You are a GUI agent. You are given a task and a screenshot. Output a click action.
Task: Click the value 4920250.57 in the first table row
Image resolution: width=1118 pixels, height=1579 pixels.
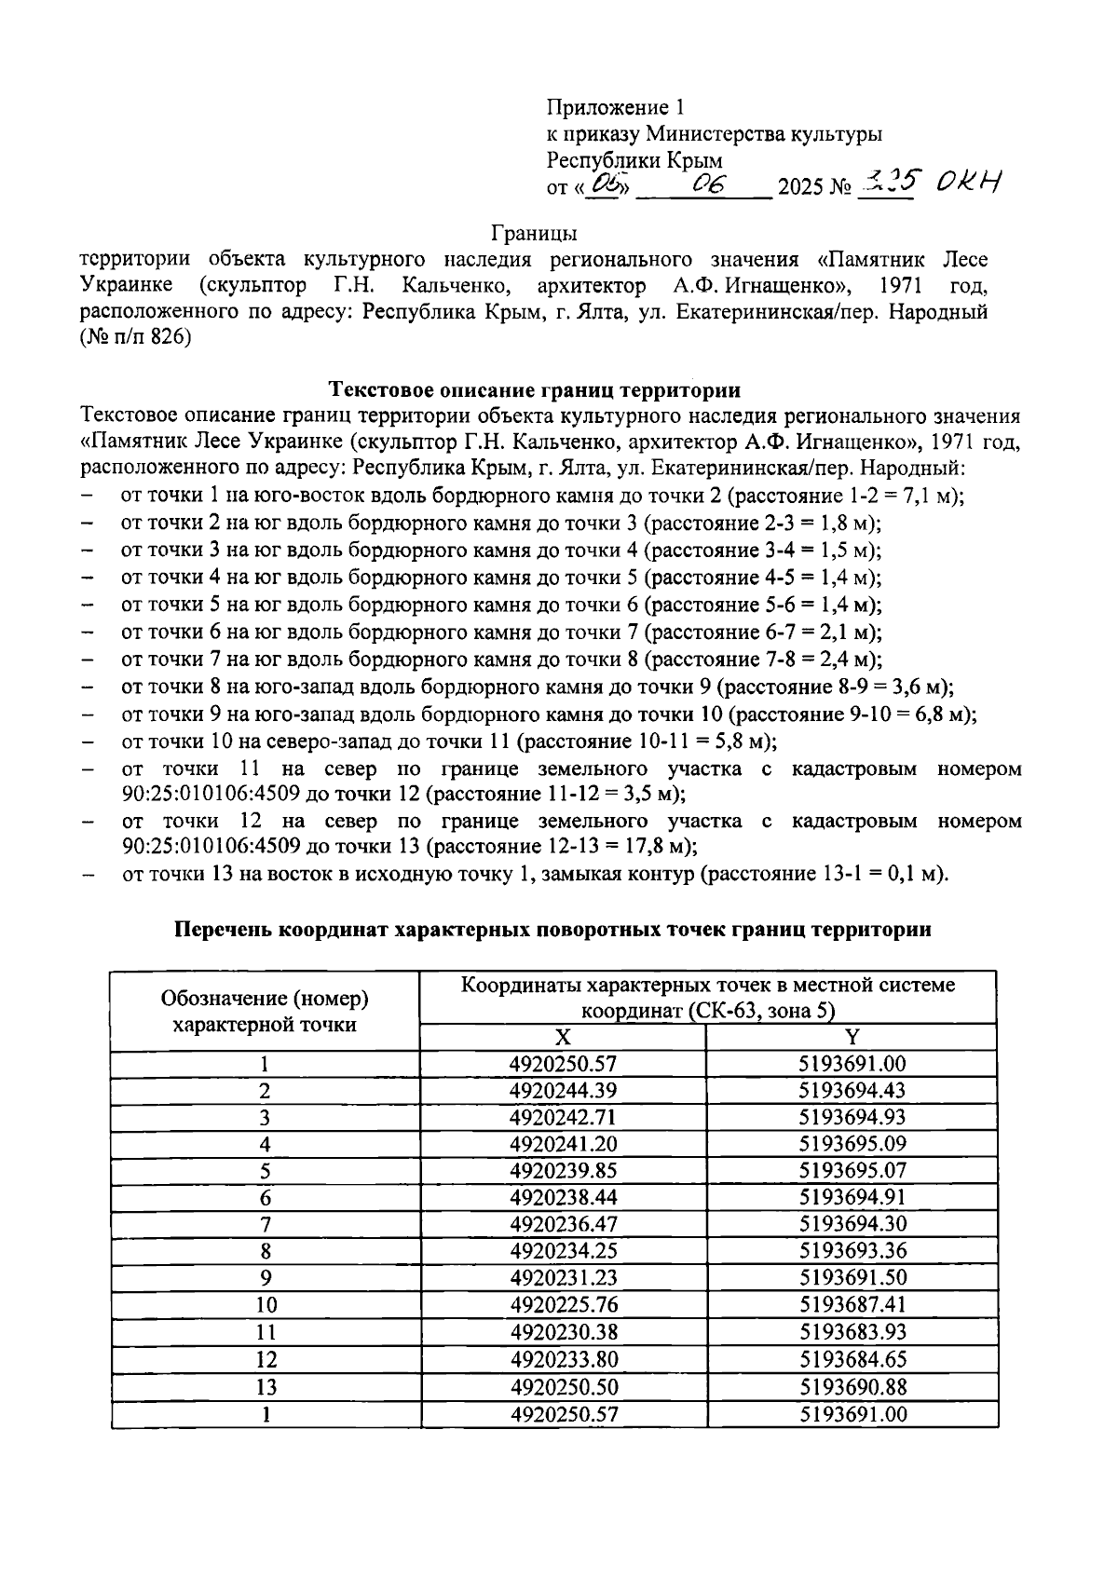pyautogui.click(x=563, y=1064)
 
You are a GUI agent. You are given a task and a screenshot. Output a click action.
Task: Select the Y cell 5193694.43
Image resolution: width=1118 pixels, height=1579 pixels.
pyautogui.click(x=852, y=1090)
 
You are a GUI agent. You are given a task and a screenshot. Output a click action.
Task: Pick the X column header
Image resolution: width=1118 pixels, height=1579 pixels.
pyautogui.click(x=563, y=1038)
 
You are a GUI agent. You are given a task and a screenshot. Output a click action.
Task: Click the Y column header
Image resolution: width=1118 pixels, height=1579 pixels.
pyautogui.click(x=852, y=1038)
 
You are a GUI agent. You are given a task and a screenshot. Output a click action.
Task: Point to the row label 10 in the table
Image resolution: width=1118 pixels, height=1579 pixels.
pyautogui.click(x=266, y=1305)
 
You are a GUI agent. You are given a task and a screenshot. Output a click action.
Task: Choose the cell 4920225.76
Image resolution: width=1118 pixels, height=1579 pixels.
pyautogui.click(x=563, y=1305)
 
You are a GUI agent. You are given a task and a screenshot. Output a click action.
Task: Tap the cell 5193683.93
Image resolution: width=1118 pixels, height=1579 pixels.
pyautogui.click(x=852, y=1332)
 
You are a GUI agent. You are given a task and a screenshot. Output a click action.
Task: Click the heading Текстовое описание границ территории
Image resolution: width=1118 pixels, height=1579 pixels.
pyautogui.click(x=536, y=389)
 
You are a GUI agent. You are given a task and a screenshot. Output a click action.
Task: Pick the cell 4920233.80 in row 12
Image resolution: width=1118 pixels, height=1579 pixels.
pyautogui.click(x=563, y=1359)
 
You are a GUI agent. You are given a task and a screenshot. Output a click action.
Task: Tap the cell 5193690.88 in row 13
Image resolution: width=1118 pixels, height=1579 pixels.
pyautogui.click(x=852, y=1386)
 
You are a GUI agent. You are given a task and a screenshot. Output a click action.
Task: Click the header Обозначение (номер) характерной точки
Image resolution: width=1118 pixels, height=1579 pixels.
pyautogui.click(x=266, y=1012)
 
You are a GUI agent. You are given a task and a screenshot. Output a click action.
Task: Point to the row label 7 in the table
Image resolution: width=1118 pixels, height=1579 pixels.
pyautogui.click(x=266, y=1224)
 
